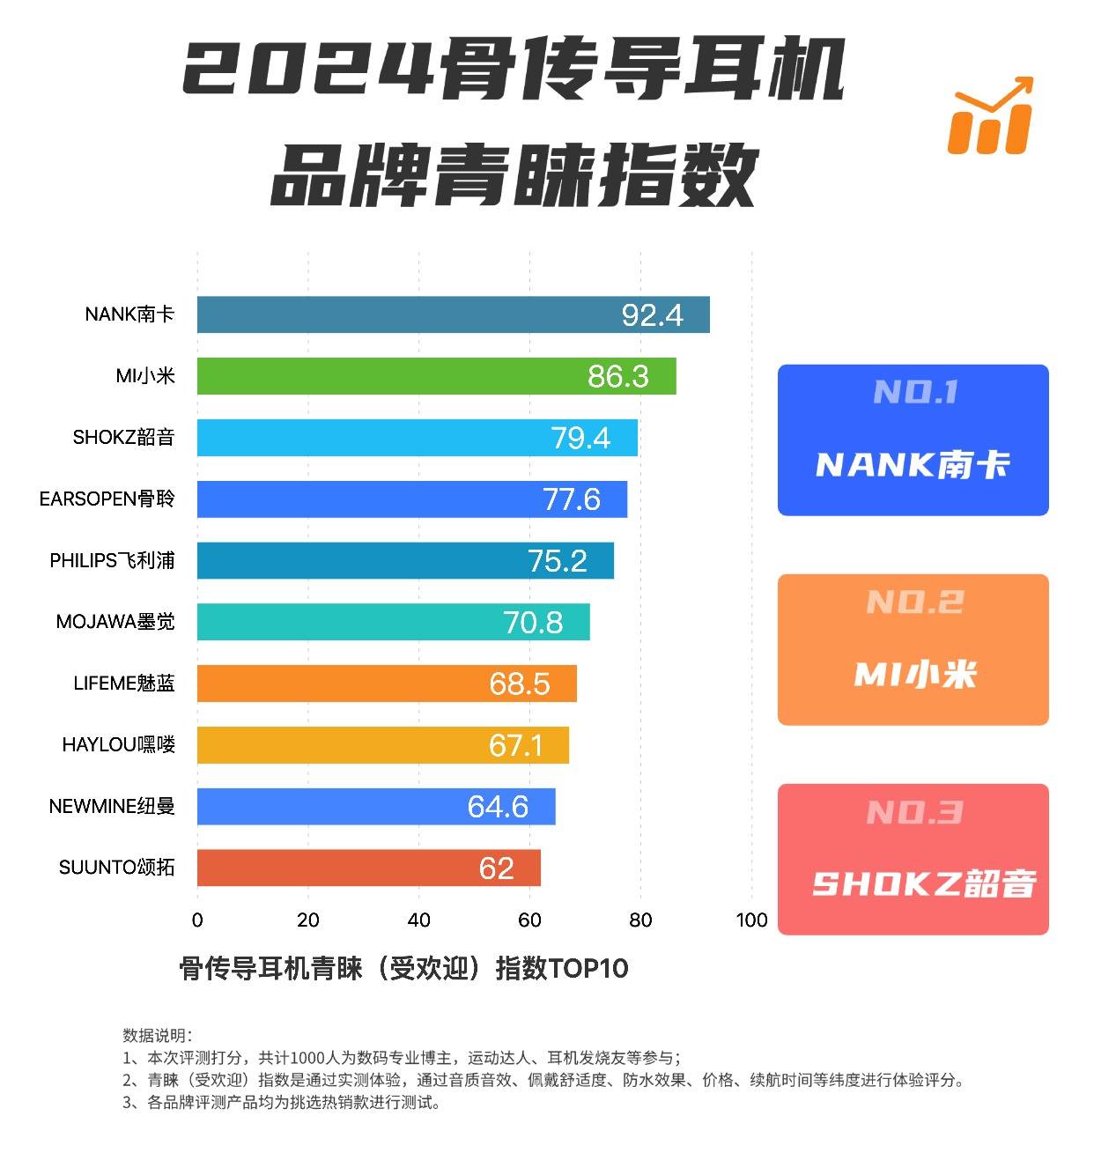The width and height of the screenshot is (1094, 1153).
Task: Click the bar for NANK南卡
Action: pos(453,314)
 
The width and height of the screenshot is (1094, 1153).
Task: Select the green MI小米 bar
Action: pos(436,376)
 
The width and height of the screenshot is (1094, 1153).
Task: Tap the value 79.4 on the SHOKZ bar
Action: pos(580,438)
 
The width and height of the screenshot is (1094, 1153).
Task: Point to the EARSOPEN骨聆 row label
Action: pos(107,499)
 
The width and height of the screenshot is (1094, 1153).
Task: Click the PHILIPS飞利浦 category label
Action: pos(112,560)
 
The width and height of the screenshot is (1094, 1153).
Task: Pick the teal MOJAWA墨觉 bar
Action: pos(393,622)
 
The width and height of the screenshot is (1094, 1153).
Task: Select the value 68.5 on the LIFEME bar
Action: pos(520,684)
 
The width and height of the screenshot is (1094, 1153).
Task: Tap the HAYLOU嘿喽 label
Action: pos(118,744)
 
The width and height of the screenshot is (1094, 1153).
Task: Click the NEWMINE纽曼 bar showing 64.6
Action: pos(376,806)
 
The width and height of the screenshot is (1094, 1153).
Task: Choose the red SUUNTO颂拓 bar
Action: pos(368,868)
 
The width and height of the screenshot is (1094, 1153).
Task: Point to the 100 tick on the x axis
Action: pos(751,920)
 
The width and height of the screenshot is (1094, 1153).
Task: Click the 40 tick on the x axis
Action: pos(418,920)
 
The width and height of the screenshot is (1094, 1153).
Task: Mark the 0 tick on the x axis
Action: pos(197,920)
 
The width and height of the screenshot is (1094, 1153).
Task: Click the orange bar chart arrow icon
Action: pos(990,116)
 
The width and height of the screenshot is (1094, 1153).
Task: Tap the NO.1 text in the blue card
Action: pos(915,392)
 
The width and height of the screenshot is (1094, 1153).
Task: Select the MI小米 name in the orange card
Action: pos(915,675)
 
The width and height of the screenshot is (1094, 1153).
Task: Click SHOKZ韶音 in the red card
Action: pos(923,883)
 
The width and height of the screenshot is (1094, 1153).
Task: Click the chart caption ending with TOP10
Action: pos(403,968)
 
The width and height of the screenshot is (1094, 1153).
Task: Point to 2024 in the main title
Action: pos(308,69)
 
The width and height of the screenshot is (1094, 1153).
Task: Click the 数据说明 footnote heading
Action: pos(157,1035)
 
